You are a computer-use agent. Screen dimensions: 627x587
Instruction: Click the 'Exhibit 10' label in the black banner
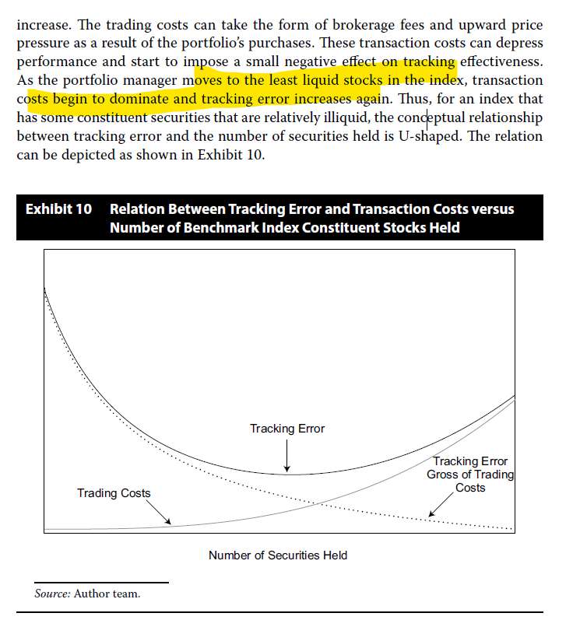(x=58, y=210)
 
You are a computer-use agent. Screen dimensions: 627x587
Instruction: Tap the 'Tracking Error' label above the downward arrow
(x=287, y=429)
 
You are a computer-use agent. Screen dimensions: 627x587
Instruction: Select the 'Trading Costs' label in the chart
(x=114, y=493)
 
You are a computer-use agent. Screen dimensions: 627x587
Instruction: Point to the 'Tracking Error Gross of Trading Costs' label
(x=470, y=475)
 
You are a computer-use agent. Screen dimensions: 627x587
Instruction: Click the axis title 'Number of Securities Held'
(x=278, y=555)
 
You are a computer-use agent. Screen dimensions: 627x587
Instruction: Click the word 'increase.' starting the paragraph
(x=41, y=25)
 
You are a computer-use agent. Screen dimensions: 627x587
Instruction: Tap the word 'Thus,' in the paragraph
(x=405, y=99)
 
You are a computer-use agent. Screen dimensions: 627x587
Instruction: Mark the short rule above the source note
(x=101, y=582)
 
